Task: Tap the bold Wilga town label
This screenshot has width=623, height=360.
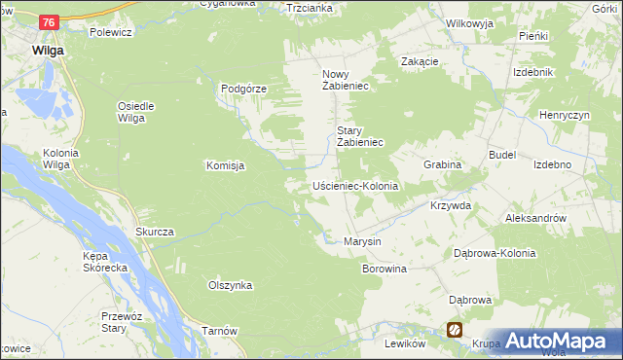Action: click(48, 50)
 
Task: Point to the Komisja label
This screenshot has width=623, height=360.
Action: click(225, 165)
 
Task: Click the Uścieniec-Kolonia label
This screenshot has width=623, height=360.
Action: click(355, 185)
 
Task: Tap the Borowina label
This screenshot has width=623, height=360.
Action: click(384, 268)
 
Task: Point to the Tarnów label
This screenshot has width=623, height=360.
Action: click(220, 331)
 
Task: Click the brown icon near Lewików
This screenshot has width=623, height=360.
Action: click(455, 330)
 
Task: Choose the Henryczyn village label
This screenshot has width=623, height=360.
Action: click(566, 115)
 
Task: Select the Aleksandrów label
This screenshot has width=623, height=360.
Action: click(536, 219)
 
